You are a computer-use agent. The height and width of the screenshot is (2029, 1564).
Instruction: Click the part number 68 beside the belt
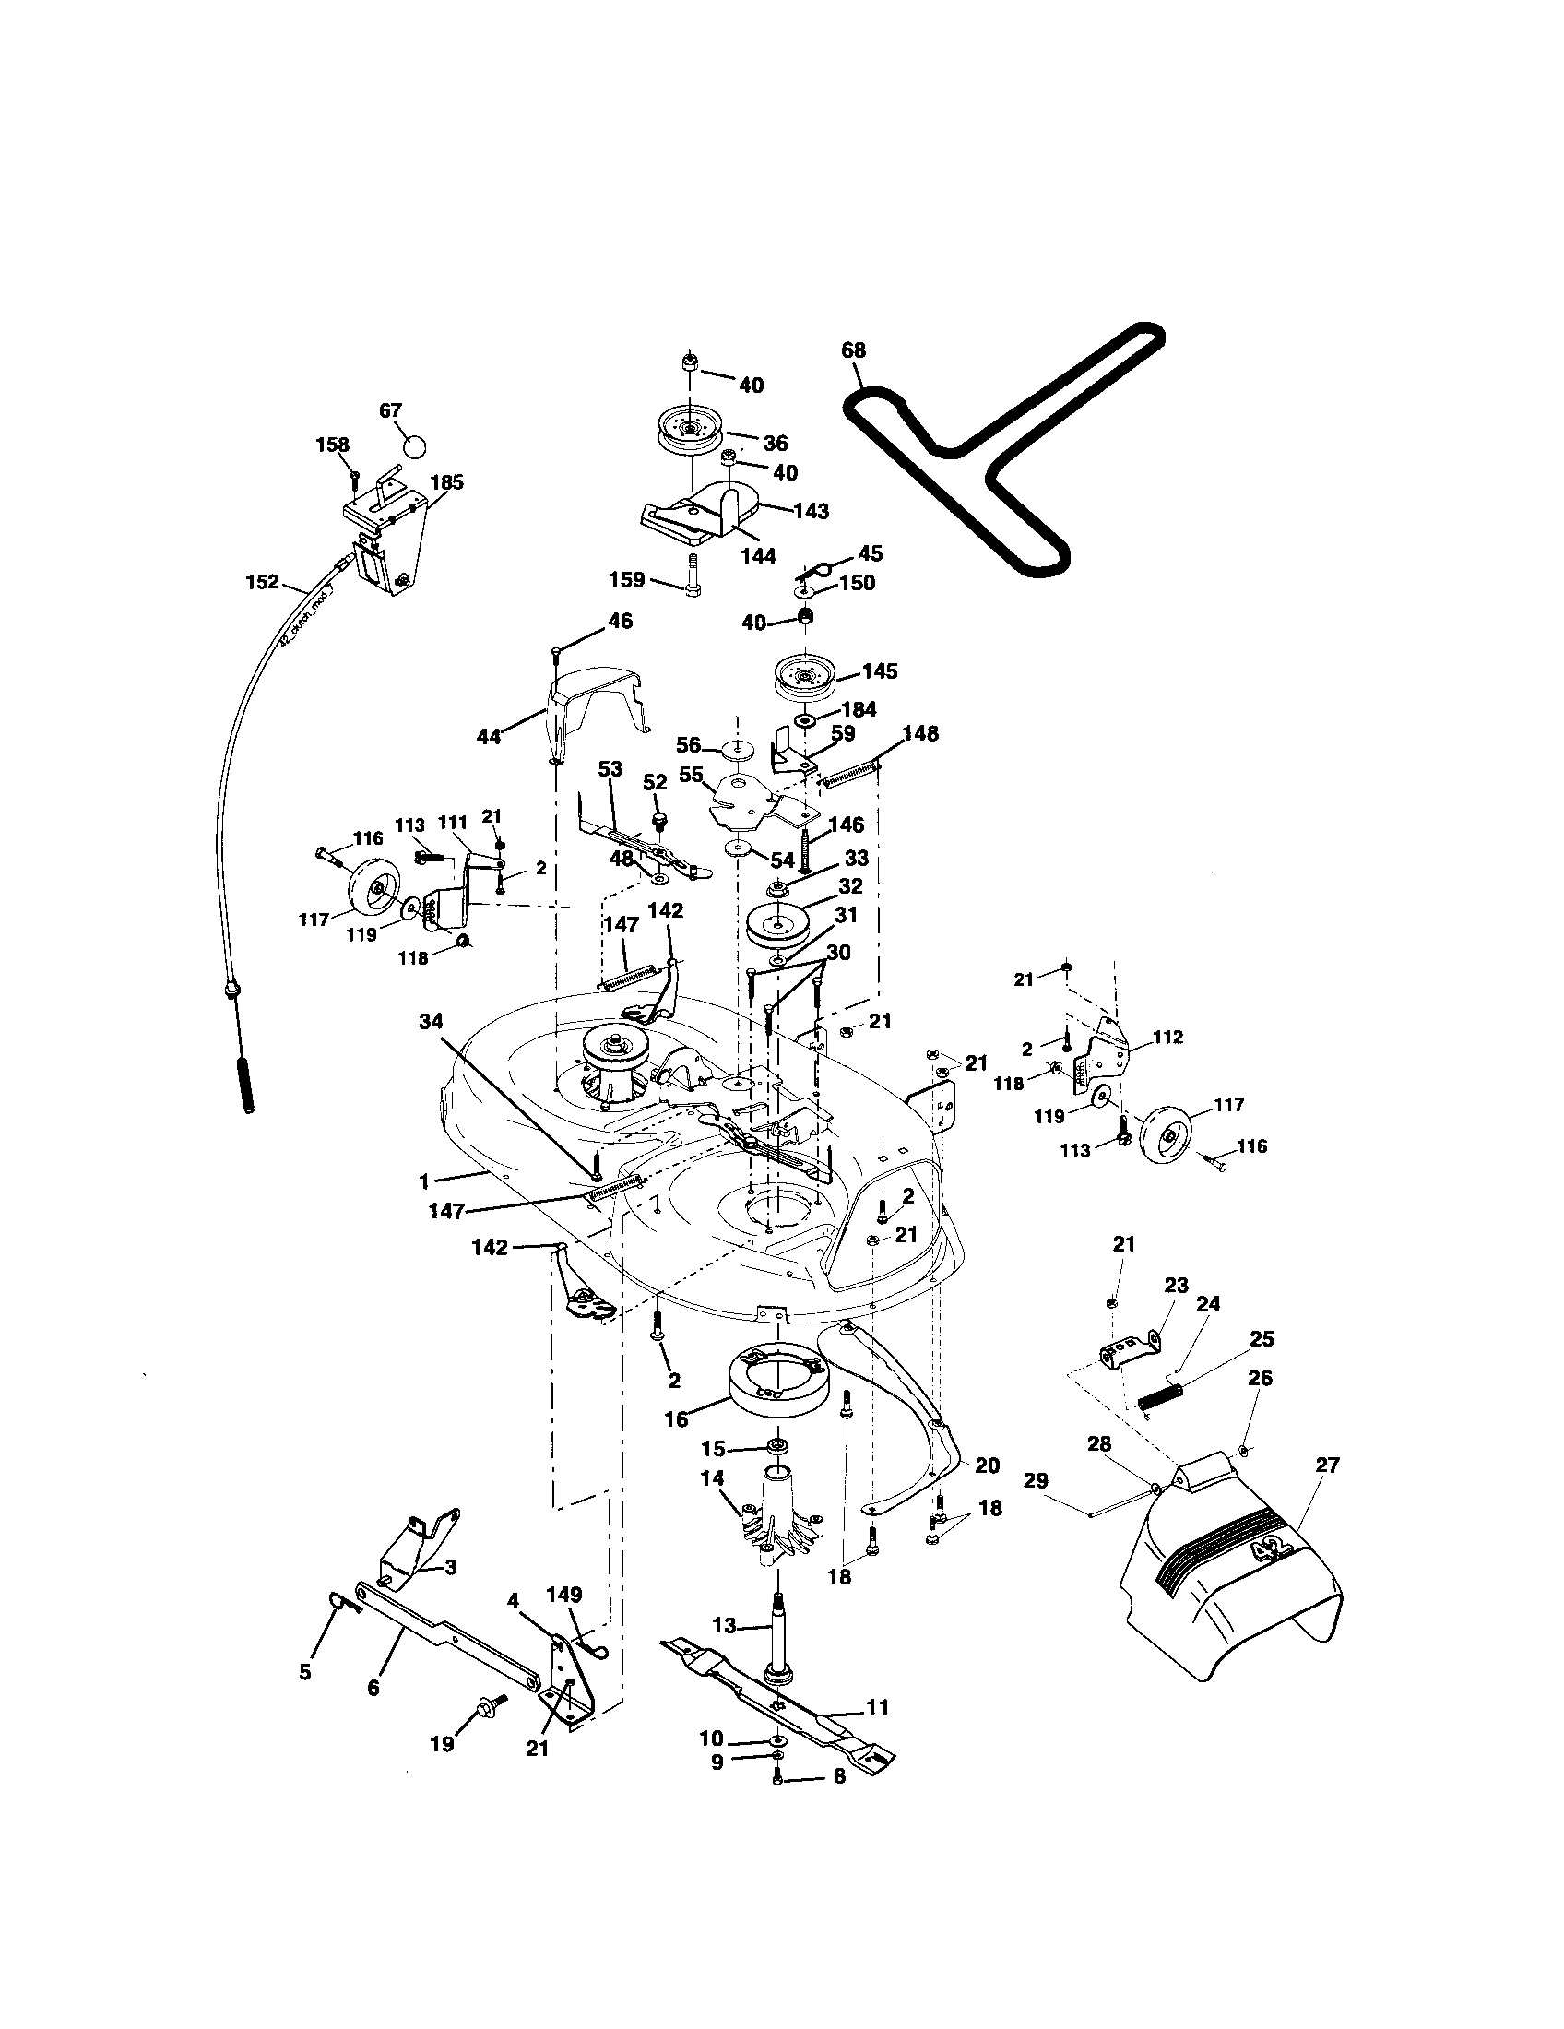tap(853, 350)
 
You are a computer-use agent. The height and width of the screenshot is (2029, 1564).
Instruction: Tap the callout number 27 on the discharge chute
tap(1328, 1465)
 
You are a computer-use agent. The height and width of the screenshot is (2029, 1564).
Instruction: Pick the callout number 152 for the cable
tap(262, 582)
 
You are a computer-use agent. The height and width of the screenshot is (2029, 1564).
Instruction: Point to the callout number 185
tap(447, 482)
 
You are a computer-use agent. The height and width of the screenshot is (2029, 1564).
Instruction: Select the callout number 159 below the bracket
tap(626, 580)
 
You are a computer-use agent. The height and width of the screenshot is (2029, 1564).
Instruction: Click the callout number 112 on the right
tap(1167, 1038)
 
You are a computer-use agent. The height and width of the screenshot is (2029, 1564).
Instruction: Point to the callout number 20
tap(987, 1465)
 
